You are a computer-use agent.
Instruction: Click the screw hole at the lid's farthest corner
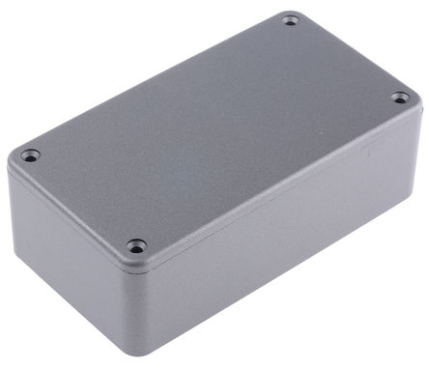[x=291, y=20]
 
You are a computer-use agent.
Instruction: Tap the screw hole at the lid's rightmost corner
[x=399, y=97]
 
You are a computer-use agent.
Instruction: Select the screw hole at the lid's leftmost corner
[x=30, y=155]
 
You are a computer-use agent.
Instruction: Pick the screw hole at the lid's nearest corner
[x=136, y=246]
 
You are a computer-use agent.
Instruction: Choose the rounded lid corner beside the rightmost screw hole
[x=415, y=97]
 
